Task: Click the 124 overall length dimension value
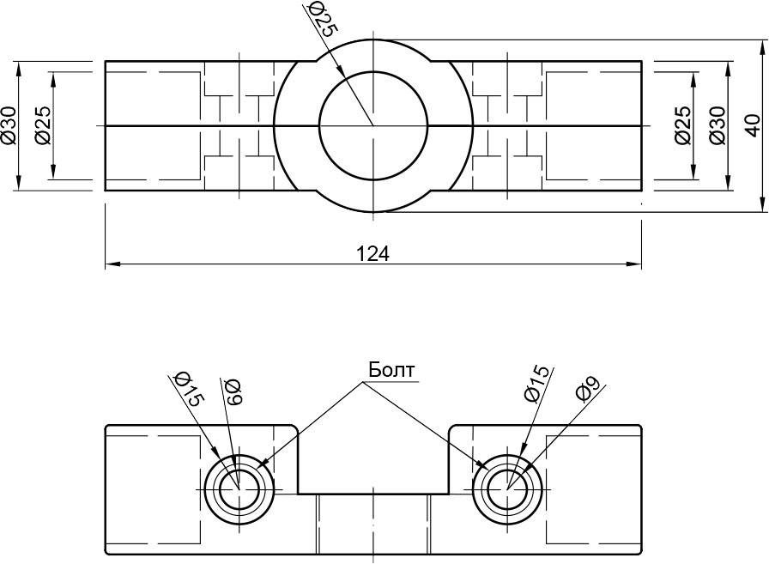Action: click(x=373, y=253)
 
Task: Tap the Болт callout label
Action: click(x=391, y=369)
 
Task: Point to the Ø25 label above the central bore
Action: click(x=319, y=19)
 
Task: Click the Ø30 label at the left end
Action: click(x=9, y=124)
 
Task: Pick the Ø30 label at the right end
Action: click(x=718, y=124)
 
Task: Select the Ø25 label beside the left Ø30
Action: click(x=43, y=124)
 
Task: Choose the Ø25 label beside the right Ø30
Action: click(x=682, y=124)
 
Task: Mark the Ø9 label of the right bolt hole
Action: click(x=584, y=391)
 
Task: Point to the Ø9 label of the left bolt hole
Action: click(x=233, y=391)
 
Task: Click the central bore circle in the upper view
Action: click(x=373, y=125)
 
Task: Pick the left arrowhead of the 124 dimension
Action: click(x=110, y=264)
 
